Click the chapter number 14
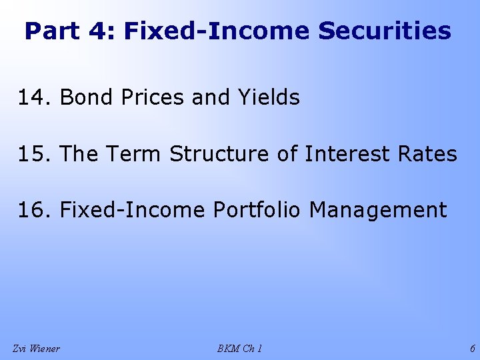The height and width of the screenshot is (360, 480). (x=31, y=98)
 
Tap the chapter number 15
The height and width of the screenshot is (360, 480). (x=31, y=154)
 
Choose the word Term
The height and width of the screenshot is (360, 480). (x=133, y=154)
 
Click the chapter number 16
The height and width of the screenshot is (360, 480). (x=31, y=210)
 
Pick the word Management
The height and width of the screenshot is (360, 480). (x=378, y=210)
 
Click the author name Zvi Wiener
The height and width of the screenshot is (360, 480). (x=36, y=348)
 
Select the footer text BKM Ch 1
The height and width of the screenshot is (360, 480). (x=239, y=348)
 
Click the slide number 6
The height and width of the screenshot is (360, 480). (x=472, y=348)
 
